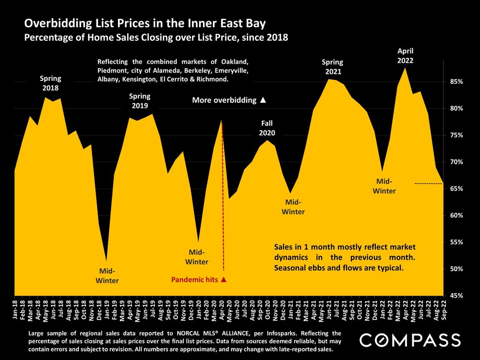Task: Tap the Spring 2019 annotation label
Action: [x=139, y=101]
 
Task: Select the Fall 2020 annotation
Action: [x=267, y=128]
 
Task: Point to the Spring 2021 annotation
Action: [x=332, y=67]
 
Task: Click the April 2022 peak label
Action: [x=406, y=56]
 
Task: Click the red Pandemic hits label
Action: [x=198, y=279]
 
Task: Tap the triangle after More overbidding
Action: [x=263, y=100]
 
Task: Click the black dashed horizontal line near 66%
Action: [x=428, y=184]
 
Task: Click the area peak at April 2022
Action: [x=406, y=69]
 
